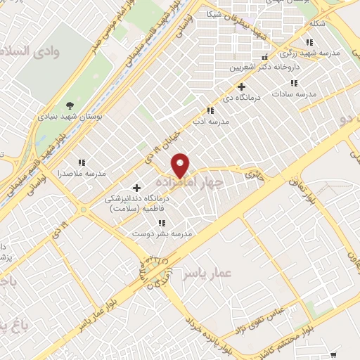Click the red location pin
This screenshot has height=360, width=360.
coord(181,165)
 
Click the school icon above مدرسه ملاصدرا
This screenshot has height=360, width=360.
coord(82,162)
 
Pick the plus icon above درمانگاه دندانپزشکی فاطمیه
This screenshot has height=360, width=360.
coord(136,188)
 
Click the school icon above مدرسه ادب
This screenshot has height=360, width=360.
coord(210,110)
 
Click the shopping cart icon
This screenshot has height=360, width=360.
coord(333,355)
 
